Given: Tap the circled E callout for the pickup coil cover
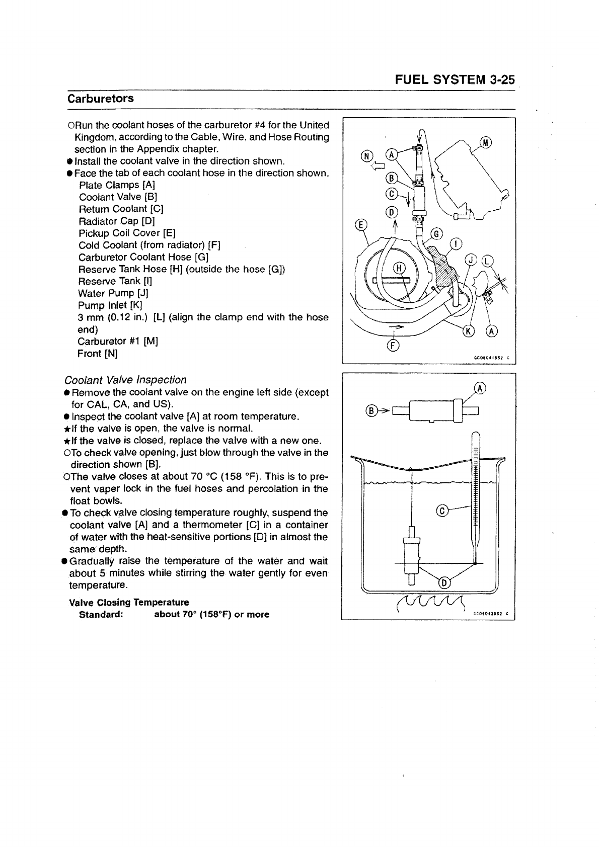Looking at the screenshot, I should [361, 225].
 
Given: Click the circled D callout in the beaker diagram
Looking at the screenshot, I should [444, 583].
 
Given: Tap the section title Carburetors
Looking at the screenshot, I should [101, 98].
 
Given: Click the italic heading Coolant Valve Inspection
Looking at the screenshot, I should [125, 380].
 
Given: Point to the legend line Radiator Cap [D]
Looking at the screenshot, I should [117, 221].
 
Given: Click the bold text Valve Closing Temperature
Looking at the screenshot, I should [129, 602].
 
